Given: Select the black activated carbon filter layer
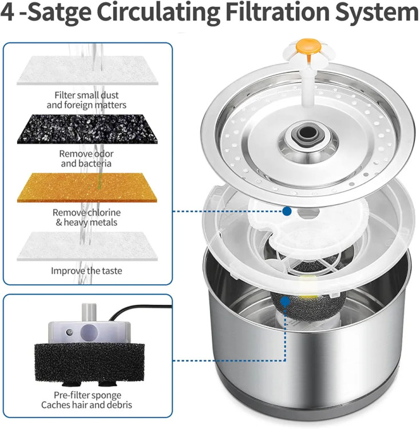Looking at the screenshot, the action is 88,129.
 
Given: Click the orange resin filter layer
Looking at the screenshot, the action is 87,188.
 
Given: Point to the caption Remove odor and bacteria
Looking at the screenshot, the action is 86,158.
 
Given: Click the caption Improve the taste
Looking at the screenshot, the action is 86,271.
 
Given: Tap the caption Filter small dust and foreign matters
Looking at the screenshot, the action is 86,100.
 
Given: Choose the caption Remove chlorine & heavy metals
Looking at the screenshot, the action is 86,217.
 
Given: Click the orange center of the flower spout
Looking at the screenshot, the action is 307,46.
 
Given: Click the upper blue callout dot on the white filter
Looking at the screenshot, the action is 287,211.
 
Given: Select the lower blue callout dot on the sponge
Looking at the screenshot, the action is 286,301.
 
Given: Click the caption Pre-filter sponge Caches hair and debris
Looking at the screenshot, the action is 86,400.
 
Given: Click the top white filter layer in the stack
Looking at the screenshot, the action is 88,70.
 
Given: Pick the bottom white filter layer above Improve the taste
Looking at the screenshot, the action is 87,246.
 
